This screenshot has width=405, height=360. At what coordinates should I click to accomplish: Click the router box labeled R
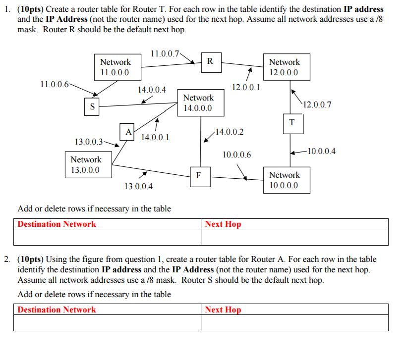[x=210, y=62]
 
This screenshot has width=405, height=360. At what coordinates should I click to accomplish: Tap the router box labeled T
[x=292, y=123]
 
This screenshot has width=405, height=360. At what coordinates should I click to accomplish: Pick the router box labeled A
[x=128, y=133]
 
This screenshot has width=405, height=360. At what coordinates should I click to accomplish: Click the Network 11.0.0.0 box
[x=116, y=67]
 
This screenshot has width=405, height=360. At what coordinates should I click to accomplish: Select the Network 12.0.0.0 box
[x=284, y=67]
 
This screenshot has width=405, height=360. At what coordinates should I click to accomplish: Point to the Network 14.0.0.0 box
[x=198, y=103]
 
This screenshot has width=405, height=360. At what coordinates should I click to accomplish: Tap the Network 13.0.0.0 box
[x=86, y=165]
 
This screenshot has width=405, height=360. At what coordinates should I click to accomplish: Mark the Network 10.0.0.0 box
[x=284, y=180]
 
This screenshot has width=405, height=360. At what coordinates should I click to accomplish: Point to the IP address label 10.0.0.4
[x=321, y=151]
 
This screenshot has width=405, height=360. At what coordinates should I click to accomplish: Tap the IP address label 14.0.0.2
[x=229, y=132]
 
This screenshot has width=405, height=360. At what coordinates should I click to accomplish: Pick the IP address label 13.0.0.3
[x=89, y=142]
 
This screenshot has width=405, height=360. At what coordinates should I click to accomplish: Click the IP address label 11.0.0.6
[x=55, y=84]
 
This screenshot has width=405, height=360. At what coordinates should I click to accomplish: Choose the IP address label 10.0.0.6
[x=237, y=155]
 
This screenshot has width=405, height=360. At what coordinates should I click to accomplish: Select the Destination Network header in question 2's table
[x=57, y=309]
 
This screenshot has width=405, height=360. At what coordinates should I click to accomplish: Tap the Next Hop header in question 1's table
[x=223, y=224]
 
